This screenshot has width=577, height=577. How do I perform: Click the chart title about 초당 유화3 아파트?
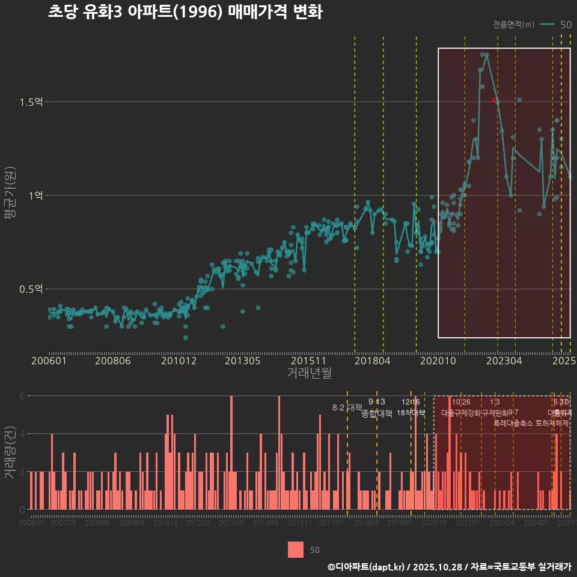185,12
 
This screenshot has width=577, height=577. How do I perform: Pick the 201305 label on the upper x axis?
242,361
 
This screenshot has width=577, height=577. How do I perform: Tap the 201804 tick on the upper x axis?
372,361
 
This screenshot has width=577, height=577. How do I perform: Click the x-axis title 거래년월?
309,373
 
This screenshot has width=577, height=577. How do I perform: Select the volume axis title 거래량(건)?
10,453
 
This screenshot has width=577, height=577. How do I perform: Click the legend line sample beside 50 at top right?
547,25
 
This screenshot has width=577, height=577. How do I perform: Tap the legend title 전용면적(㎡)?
513,25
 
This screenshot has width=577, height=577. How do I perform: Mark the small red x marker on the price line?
493,99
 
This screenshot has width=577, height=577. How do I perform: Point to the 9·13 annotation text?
377,402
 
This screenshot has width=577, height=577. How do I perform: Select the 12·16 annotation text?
411,402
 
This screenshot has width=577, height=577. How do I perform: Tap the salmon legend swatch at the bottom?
296,550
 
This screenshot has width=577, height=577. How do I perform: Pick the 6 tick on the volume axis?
22,396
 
